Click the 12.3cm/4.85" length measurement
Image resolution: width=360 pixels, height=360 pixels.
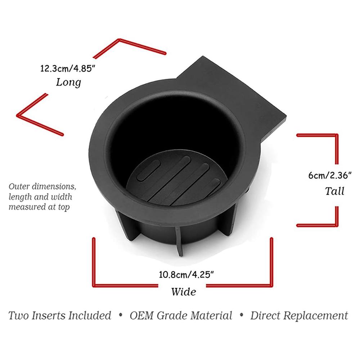coord(68,68)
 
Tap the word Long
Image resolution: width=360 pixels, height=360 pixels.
coord(68,82)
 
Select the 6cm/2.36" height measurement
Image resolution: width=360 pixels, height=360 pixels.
coord(330,175)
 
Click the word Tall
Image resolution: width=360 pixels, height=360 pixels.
coord(334,191)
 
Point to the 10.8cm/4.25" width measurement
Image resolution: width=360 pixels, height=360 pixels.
coord(186,275)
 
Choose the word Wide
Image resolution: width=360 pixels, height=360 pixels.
coord(184,292)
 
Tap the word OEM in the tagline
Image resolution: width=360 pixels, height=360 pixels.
coord(141,316)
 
